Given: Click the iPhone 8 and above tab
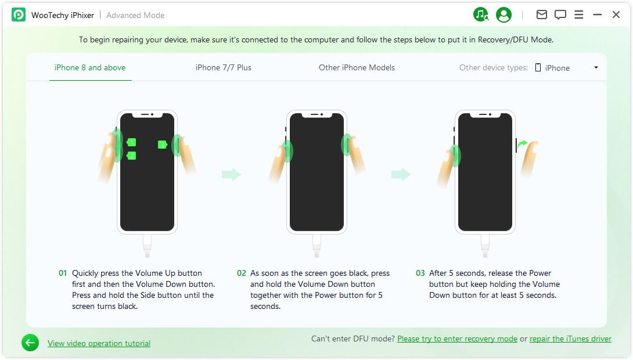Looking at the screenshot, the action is click(x=90, y=67).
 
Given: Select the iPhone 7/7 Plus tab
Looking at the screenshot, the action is click(x=223, y=67).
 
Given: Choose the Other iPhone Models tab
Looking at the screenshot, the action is click(x=357, y=67).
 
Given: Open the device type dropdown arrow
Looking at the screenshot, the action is click(x=596, y=67).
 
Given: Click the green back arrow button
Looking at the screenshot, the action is click(x=30, y=343).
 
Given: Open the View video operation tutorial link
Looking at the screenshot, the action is click(x=99, y=343).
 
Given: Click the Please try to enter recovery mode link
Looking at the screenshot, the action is click(x=458, y=339).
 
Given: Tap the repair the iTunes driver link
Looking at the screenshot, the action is click(x=570, y=339).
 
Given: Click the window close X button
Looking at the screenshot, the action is click(x=616, y=15).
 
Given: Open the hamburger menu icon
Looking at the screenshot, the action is click(x=578, y=15).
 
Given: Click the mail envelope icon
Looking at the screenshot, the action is click(x=542, y=15).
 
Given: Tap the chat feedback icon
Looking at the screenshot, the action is click(x=560, y=15).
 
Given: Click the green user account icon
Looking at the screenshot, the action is click(x=504, y=15).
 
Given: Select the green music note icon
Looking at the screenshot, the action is click(x=481, y=15).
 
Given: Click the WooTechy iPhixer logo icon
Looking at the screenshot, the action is click(x=19, y=15).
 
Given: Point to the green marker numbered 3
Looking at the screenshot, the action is click(x=162, y=145).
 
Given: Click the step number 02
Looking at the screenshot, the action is click(x=242, y=273).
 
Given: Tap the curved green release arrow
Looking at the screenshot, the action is click(x=523, y=143).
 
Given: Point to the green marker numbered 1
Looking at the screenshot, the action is click(x=131, y=142).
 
